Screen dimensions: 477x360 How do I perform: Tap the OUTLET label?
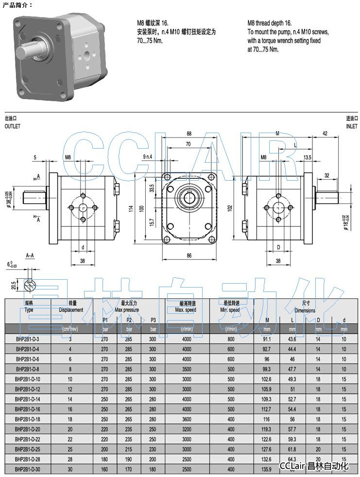click(x=13, y=125)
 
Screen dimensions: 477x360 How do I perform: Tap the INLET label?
click(x=351, y=125)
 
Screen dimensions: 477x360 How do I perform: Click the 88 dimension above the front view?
click(x=189, y=134)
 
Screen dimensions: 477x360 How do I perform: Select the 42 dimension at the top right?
click(x=325, y=134)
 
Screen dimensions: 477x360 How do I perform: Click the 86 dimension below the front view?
click(x=189, y=255)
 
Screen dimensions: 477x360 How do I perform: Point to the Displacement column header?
click(x=71, y=306)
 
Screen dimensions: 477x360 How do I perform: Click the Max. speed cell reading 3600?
click(x=187, y=418)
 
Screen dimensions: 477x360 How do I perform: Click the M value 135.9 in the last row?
click(x=267, y=469)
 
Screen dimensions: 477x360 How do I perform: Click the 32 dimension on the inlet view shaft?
click(x=327, y=175)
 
